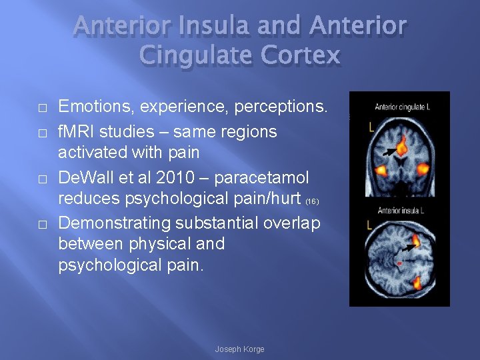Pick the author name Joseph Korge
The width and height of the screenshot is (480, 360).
[x=239, y=349]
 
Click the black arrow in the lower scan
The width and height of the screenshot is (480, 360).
[x=404, y=249]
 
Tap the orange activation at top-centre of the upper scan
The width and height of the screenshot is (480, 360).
[x=402, y=143]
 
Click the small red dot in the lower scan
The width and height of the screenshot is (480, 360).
[x=399, y=263]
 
